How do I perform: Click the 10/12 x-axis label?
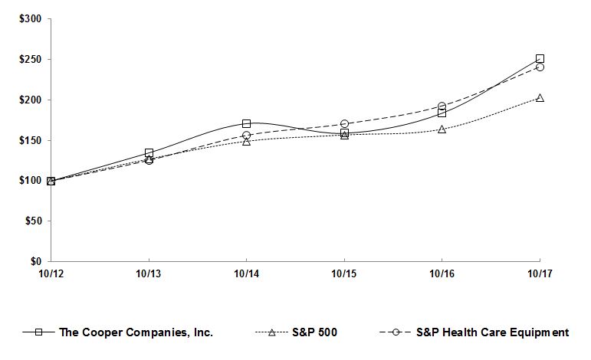pyautogui.click(x=51, y=273)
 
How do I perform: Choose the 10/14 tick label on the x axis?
pyautogui.click(x=246, y=273)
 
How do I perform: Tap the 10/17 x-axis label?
pyautogui.click(x=540, y=273)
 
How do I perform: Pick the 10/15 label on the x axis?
pyautogui.click(x=344, y=273)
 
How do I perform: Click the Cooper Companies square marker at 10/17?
pyautogui.click(x=540, y=58)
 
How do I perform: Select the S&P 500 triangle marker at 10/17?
pyautogui.click(x=540, y=98)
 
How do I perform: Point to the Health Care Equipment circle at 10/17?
pyautogui.click(x=540, y=67)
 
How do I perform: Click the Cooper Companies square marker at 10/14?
pyautogui.click(x=246, y=123)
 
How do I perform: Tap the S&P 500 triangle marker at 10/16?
pyautogui.click(x=442, y=129)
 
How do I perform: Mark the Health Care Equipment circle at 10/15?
pyautogui.click(x=344, y=123)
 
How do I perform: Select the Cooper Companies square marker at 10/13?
pyautogui.click(x=149, y=153)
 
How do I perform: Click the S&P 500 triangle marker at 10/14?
pyautogui.click(x=246, y=141)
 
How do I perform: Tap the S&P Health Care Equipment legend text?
pyautogui.click(x=492, y=332)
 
